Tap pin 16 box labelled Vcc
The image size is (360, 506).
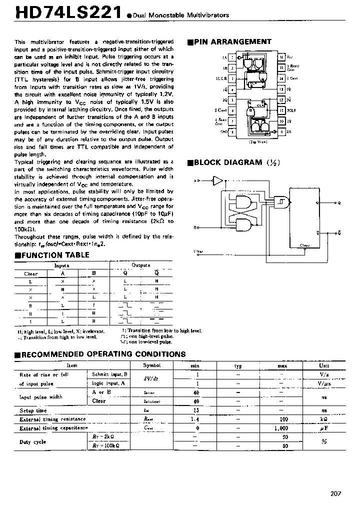point(281,58)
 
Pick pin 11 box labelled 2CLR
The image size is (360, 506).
point(281,110)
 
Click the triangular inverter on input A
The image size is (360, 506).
point(217,179)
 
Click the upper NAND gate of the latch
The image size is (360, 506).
point(242,202)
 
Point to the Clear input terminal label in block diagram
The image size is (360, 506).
point(198,251)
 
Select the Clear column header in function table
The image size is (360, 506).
point(31,274)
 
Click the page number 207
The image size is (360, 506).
point(335,493)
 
